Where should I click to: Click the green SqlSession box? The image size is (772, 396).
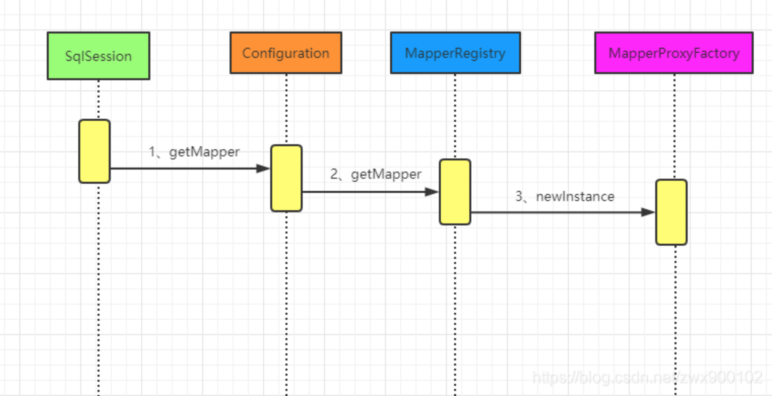(x=98, y=56)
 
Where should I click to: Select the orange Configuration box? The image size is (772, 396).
(x=286, y=53)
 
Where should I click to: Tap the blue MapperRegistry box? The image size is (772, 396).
(x=455, y=53)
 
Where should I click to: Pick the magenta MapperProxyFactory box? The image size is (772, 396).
(x=674, y=53)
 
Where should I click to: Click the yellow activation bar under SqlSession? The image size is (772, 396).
(x=94, y=151)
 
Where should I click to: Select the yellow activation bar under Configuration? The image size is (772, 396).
(x=286, y=178)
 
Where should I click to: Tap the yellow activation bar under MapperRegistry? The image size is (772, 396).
(x=455, y=192)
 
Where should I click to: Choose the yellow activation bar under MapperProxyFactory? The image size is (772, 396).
(x=671, y=212)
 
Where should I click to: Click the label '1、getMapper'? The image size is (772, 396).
(x=194, y=152)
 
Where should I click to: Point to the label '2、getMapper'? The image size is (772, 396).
(x=376, y=174)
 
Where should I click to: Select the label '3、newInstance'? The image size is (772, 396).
(x=565, y=197)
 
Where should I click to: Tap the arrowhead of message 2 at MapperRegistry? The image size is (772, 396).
(x=431, y=192)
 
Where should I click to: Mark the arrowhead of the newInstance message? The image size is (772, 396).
(x=648, y=212)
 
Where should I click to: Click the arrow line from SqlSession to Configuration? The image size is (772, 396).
(x=181, y=168)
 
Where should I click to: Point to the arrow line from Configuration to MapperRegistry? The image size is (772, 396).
(x=362, y=192)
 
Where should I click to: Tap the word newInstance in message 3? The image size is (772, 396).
(x=575, y=197)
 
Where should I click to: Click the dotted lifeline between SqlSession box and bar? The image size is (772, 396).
(x=98, y=100)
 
